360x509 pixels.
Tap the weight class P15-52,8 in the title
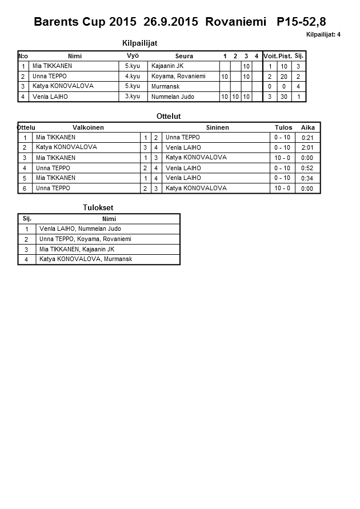301,22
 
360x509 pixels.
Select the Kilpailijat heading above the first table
140,43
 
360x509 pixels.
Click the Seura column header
184,56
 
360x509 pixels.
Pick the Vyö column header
133,55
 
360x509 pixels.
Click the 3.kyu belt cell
133,96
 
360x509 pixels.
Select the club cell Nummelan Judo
173,97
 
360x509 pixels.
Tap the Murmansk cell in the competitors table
166,86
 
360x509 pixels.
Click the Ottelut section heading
169,116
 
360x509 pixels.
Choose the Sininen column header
217,127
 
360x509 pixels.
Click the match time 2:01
307,147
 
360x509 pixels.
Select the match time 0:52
307,168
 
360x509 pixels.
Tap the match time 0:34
307,178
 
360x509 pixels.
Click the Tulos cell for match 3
282,158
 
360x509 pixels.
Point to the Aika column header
307,127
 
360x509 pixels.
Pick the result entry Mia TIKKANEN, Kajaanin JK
77,249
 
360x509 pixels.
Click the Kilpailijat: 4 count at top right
323,35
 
